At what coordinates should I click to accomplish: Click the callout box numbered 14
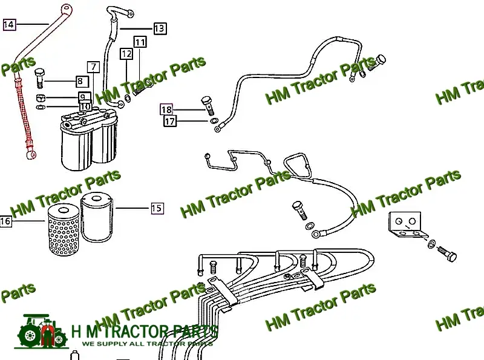pos(9,25)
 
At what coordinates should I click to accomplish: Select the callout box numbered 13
pos(159,28)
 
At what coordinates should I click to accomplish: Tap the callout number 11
pos(140,42)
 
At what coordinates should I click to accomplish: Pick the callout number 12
pos(126,54)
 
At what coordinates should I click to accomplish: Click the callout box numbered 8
pos(81,81)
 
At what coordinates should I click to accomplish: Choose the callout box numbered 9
pos(83,97)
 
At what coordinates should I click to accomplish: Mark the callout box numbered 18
pos(166,110)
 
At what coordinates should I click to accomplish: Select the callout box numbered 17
pos(170,121)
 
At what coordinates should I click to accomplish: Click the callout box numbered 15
pos(157,208)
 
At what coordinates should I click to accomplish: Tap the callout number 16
pos(5,221)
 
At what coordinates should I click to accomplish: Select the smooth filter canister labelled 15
pos(97,216)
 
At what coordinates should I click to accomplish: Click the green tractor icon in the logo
pos(43,332)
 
